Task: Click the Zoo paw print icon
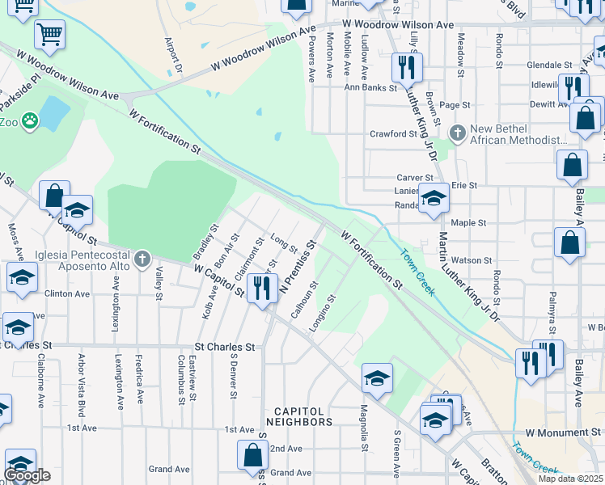31,121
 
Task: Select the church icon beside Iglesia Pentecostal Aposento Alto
142,258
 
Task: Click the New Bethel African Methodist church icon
458,132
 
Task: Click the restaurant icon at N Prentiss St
261,287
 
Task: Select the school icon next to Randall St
434,198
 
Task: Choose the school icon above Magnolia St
376,377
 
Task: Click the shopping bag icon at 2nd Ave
252,455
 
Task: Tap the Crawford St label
392,134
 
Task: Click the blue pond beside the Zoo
53,113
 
